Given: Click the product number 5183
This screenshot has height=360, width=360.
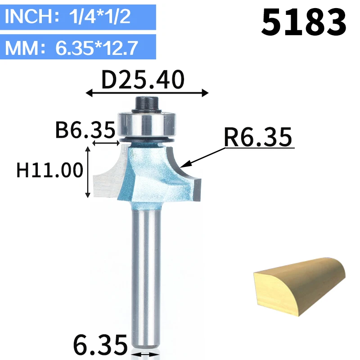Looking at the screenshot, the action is (303, 22).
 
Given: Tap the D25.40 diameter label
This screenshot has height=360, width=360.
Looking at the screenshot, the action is (143, 80).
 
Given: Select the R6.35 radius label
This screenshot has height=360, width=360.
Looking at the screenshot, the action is (258, 137).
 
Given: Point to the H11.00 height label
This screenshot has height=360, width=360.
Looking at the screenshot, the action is (49, 170).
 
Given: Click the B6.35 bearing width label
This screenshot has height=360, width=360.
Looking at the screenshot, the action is (85, 130).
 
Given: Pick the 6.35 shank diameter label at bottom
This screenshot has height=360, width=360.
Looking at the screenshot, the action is (100, 345).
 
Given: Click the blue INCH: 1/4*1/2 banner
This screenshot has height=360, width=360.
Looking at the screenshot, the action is (78, 17).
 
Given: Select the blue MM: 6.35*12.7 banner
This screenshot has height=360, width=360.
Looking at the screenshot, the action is (78, 47).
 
